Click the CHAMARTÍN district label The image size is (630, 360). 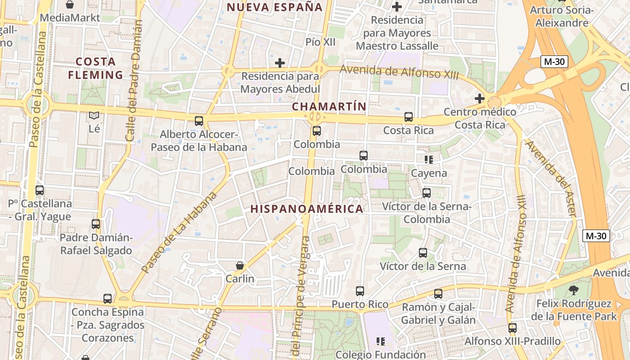tap(328, 107)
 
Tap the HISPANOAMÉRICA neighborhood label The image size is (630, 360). tap(307, 209)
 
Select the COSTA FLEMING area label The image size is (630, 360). tap(95, 68)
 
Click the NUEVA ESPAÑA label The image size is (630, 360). tap(275, 7)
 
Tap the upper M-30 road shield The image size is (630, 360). tap(554, 62)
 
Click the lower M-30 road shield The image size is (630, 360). tap(596, 236)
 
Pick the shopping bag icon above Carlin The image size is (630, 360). tap(240, 265)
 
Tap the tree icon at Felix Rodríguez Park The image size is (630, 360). tap(573, 290)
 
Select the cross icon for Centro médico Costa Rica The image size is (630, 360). tap(480, 98)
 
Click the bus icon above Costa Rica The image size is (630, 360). tap(409, 117)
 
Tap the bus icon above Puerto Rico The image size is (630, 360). tap(360, 291)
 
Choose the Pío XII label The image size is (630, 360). tap(320, 42)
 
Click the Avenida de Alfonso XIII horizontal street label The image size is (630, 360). tap(399, 72)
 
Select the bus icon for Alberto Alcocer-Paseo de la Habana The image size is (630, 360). tap(198, 121)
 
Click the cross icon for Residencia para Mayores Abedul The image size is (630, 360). tap(280, 63)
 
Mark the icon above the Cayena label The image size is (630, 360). tap(429, 159)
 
